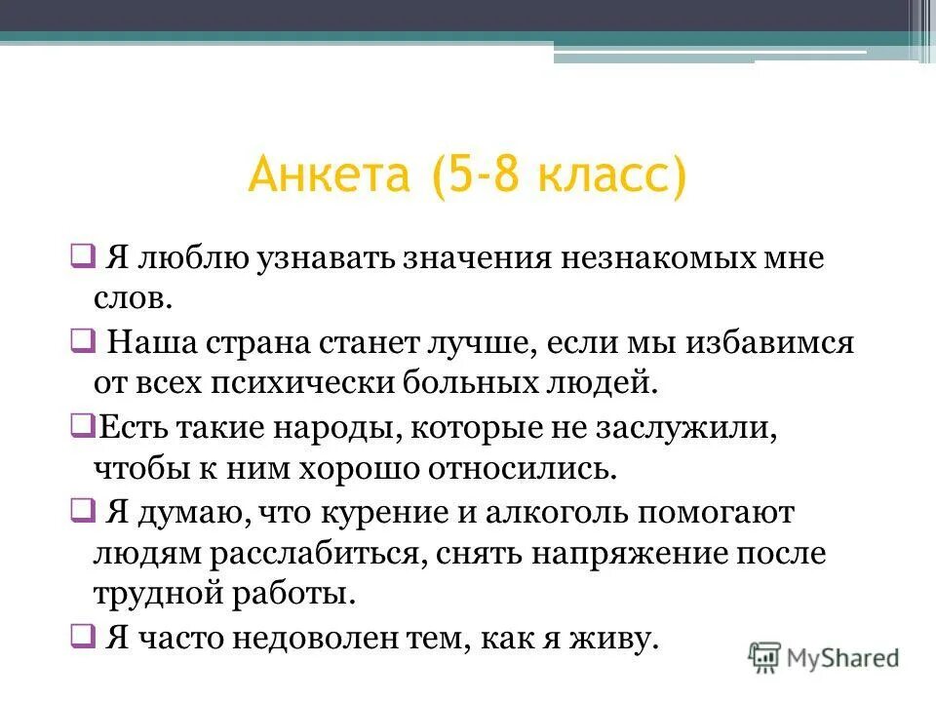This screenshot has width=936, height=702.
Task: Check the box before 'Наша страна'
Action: [x=81, y=341]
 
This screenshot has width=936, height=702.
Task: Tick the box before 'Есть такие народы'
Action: [x=81, y=425]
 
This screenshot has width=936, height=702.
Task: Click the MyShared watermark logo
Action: [x=825, y=656]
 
